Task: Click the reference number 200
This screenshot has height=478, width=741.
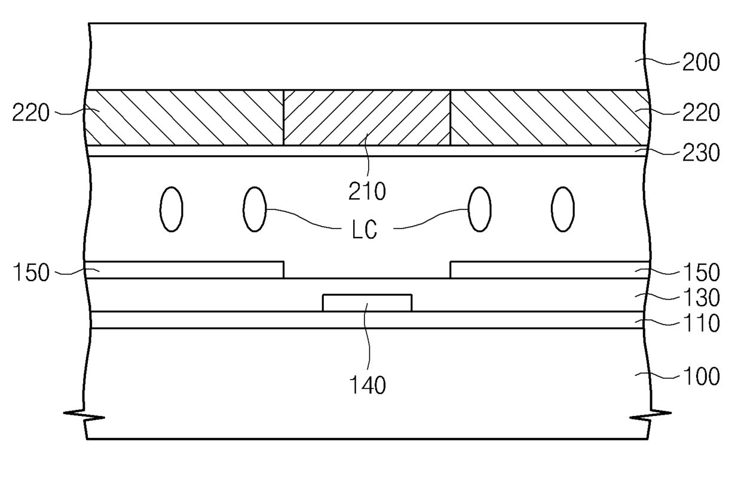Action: point(700,62)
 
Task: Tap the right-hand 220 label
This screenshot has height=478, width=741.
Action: point(700,112)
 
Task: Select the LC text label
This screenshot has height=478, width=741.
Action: point(365,230)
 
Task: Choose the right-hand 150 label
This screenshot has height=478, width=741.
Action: point(700,273)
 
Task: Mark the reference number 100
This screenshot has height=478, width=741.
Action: point(700,377)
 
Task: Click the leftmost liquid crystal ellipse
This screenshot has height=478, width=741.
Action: point(171,209)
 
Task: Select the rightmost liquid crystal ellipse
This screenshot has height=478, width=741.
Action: point(562,209)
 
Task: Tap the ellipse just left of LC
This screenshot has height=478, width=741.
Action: point(255,209)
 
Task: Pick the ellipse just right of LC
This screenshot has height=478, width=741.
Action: point(479,209)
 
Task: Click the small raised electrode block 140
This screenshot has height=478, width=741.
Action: point(367,303)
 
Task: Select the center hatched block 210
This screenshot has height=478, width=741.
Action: point(366,118)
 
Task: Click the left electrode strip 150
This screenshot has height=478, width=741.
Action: point(183,270)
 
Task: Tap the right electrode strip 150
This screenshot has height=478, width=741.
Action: point(549,270)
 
